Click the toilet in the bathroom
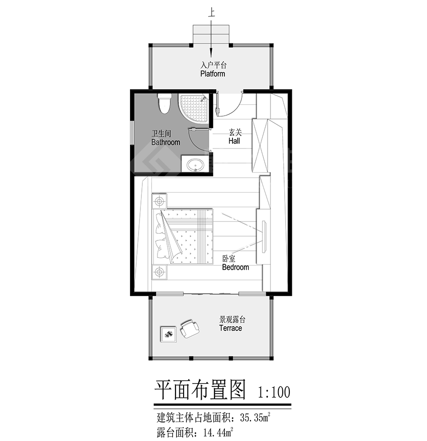coord(164,103)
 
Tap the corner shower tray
coord(194,108)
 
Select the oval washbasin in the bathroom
coord(195,165)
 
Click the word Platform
coord(213,73)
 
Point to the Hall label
coord(234,141)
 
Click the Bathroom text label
coord(166,142)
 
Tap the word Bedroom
coord(236,267)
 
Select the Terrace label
coord(231,328)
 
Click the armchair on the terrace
coord(190,329)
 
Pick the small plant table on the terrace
coord(168,334)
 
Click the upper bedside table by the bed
coord(159,201)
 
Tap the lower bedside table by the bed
coord(159,272)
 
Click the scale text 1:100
coord(274,392)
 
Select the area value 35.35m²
coord(255,417)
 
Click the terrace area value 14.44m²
coord(218,432)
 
